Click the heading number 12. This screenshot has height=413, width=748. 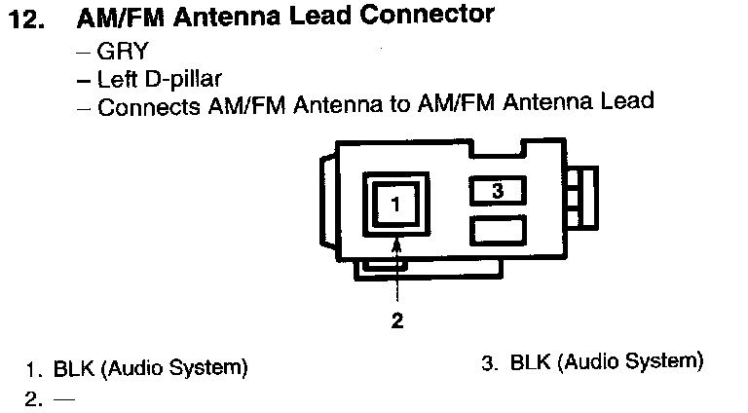click(27, 19)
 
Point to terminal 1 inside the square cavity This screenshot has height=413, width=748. click(395, 205)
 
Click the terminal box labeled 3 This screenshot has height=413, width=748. click(497, 191)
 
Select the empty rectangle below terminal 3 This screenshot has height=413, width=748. click(497, 230)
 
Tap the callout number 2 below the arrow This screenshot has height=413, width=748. click(397, 319)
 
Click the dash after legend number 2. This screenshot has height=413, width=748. click(65, 398)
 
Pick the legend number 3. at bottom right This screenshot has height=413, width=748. click(490, 362)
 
